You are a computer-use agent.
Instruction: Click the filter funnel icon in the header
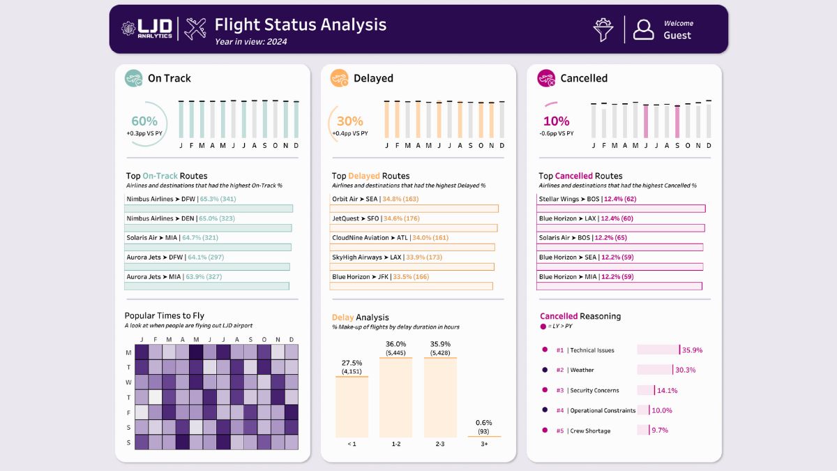pyautogui.click(x=603, y=29)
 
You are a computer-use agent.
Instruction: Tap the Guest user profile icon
pyautogui.click(x=643, y=29)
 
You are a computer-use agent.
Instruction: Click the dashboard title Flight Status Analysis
pyautogui.click(x=300, y=25)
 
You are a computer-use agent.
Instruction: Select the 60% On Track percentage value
pyautogui.click(x=144, y=121)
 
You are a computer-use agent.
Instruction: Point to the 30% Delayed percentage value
pyautogui.click(x=349, y=121)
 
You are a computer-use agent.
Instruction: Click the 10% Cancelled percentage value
pyautogui.click(x=556, y=121)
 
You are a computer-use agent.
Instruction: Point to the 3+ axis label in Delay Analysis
pyautogui.click(x=483, y=444)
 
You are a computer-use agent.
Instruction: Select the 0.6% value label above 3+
pyautogui.click(x=483, y=422)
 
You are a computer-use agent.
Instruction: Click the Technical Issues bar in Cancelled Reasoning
pyautogui.click(x=657, y=350)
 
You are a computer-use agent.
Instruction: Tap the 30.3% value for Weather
pyautogui.click(x=686, y=370)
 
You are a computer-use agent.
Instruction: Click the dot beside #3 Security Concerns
pyautogui.click(x=543, y=390)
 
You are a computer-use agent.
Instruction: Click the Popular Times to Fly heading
pyautogui.click(x=164, y=315)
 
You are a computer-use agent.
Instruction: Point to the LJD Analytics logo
pyautogui.click(x=146, y=29)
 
